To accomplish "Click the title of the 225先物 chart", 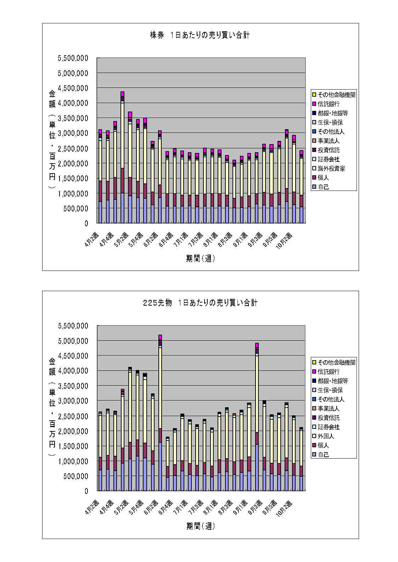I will pos(200,303).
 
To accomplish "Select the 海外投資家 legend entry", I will pos(331,169).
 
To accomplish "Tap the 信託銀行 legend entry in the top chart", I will pos(328,104).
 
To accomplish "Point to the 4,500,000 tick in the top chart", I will pos(73,88).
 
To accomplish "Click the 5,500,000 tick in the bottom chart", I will pos(73,326).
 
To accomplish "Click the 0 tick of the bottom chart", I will pos(86,491).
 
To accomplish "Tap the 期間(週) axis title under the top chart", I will pos(201,259).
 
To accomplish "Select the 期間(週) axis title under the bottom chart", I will pos(201,526).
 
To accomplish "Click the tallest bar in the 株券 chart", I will pos(122,159).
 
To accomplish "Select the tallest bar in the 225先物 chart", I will pos(160,414).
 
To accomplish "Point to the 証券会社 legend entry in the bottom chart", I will pos(328,427).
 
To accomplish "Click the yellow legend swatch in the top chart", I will pos(314,95).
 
